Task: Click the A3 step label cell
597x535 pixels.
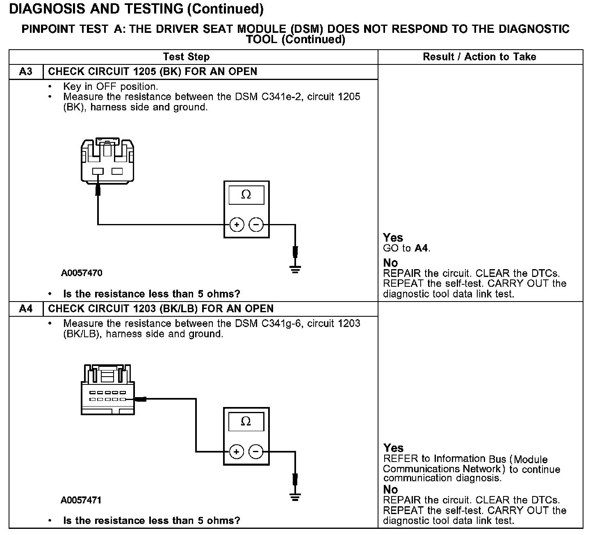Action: point(25,72)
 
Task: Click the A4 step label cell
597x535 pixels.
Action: point(25,309)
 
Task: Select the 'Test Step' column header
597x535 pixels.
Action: point(186,57)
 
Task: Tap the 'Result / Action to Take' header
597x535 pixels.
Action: point(479,57)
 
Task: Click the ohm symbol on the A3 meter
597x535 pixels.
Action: point(246,195)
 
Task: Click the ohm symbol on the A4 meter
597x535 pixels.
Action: point(246,421)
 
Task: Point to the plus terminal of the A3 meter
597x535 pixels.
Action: point(237,225)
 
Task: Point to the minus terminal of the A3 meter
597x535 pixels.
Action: point(256,225)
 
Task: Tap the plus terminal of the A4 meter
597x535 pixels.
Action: point(236,452)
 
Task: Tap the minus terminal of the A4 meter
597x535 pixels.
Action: point(256,452)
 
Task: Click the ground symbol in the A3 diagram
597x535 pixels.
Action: point(295,269)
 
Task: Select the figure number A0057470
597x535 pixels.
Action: point(82,273)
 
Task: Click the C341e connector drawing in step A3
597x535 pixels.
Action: point(107,160)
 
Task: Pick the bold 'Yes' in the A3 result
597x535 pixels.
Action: point(393,238)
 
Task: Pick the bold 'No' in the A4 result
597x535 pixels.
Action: point(390,489)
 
